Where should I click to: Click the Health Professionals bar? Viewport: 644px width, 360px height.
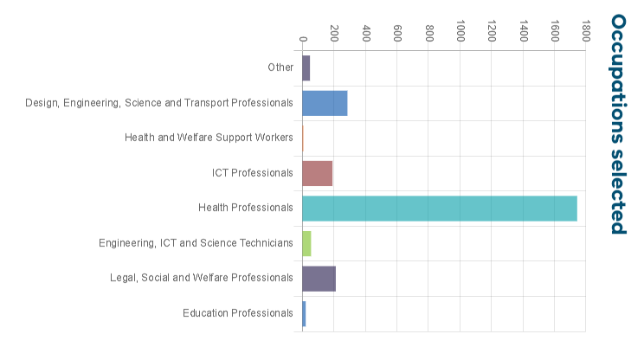coord(439,209)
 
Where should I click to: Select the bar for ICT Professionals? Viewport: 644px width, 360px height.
coord(317,173)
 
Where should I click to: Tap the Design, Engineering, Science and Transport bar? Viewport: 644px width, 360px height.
coord(325,103)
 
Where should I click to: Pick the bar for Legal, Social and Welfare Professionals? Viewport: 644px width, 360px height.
coord(319,279)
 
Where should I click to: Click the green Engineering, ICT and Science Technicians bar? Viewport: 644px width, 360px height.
coord(306,243)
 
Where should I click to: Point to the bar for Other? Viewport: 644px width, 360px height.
coord(306,67)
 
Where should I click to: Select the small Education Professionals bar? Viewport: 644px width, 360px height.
coord(304,313)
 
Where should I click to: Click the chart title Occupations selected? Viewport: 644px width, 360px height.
coord(618,124)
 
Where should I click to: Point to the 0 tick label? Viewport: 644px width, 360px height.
coord(303,38)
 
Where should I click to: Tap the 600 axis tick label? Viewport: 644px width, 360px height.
coord(397,33)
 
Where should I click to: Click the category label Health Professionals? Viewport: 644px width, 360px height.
coord(246,208)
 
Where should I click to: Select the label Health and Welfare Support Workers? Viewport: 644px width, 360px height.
coord(209,138)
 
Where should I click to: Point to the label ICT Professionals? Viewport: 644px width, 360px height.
coord(253,173)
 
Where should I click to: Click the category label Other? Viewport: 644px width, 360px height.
coord(280,67)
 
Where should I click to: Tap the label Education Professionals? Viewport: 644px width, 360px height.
coord(238,313)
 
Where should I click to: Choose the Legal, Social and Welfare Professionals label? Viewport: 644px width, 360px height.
coord(202,278)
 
